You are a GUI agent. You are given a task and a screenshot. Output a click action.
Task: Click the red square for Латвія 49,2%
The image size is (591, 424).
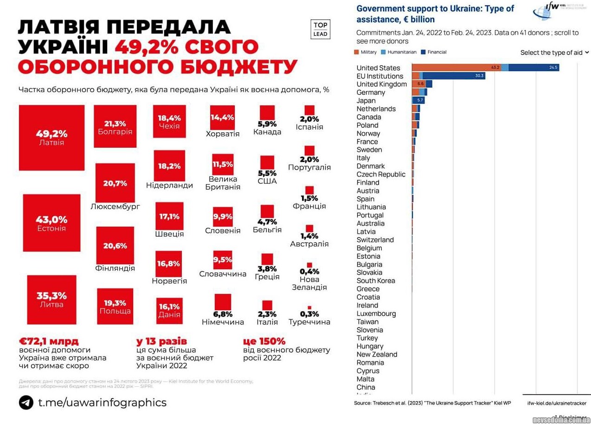click(x=51, y=137)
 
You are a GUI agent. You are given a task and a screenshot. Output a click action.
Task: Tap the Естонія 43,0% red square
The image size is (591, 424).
click(x=51, y=222)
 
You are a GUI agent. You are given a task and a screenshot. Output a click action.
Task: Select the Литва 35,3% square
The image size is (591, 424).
click(x=51, y=300)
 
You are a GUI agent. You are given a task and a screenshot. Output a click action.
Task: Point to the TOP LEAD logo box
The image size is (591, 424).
click(x=320, y=29)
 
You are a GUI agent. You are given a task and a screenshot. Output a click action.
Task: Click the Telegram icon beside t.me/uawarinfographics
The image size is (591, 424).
click(x=26, y=402)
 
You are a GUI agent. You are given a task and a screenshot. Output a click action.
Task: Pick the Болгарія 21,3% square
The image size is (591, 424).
click(x=115, y=126)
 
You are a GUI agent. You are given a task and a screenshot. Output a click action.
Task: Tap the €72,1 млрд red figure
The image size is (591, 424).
click(x=49, y=341)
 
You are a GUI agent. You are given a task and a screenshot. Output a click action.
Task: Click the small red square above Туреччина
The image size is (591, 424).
click(x=309, y=307)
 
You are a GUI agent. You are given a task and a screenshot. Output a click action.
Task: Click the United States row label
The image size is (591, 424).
click(x=378, y=68)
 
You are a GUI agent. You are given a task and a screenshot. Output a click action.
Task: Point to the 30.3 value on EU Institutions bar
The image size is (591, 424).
click(x=479, y=76)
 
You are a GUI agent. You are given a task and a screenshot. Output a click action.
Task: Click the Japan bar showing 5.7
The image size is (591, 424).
click(x=418, y=100)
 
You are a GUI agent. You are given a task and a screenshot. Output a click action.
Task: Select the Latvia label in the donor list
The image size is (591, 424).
click(x=366, y=232)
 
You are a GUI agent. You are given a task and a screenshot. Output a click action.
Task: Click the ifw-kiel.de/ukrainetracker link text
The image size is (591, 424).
click(x=557, y=403)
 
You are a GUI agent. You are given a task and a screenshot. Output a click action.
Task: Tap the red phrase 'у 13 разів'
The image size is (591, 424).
click(x=161, y=341)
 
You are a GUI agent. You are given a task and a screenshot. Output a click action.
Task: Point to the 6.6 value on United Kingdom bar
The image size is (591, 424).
click(x=421, y=84)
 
